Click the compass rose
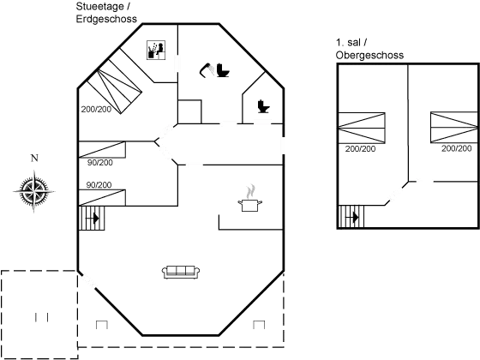(34, 192)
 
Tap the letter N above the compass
(34, 158)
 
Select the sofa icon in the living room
(181, 272)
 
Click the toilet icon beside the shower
(223, 70)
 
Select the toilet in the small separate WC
(263, 106)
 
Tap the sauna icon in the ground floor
(156, 50)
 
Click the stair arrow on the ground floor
(93, 219)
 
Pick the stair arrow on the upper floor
(352, 218)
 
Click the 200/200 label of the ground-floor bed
(96, 110)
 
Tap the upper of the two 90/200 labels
(100, 163)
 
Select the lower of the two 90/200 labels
(99, 185)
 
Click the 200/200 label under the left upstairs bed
(360, 149)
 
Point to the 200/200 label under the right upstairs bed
(456, 148)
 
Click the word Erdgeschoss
(106, 19)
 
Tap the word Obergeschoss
(369, 55)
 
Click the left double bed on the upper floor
(361, 128)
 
